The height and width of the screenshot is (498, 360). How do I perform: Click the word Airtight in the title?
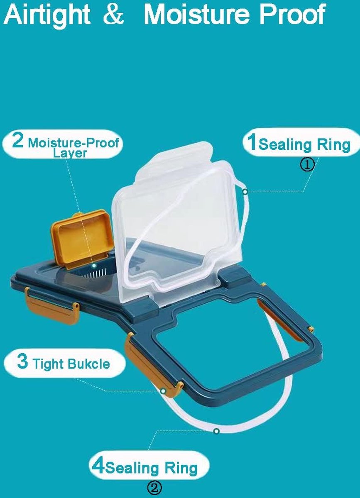pyautogui.click(x=47, y=15)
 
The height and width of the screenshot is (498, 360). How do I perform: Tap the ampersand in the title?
pyautogui.click(x=113, y=15)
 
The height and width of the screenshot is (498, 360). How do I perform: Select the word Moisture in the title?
pyautogui.click(x=197, y=15)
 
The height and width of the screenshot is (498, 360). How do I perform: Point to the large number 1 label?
pyautogui.click(x=252, y=142)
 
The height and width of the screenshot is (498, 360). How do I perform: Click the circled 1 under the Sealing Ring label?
pyautogui.click(x=308, y=165)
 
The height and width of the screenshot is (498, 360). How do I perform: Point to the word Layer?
pyautogui.click(x=70, y=153)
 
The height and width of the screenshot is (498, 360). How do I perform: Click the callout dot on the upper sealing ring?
pyautogui.click(x=245, y=192)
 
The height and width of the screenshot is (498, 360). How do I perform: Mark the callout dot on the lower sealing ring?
pyautogui.click(x=216, y=431)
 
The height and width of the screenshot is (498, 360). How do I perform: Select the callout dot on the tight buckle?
pyautogui.click(x=163, y=391)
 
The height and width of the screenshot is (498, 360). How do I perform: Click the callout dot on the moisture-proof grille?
pyautogui.click(x=94, y=266)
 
